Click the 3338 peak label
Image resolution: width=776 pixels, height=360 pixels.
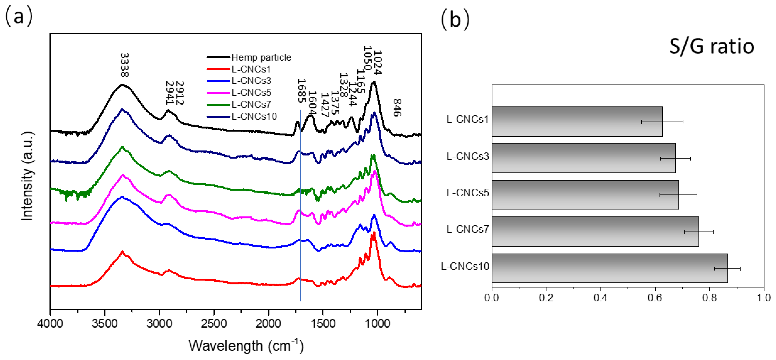[124, 65]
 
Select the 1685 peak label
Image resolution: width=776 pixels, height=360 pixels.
[301, 91]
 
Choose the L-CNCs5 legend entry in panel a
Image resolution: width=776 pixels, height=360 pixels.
[251, 93]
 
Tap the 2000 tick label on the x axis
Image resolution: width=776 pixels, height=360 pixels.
[268, 324]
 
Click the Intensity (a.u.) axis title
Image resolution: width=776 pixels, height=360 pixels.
[28, 176]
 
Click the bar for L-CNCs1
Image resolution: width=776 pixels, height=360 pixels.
[577, 121]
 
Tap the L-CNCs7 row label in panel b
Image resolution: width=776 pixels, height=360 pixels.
[468, 230]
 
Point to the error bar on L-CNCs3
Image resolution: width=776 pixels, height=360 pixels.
[675, 158]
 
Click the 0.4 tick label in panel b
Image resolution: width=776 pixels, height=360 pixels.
[600, 298]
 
